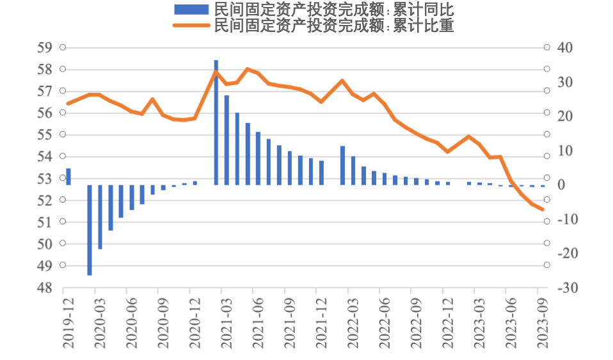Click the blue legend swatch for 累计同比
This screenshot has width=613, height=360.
pos(191,9)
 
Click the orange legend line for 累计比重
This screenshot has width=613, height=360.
pos(191,26)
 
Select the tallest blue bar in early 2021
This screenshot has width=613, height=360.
pos(216,121)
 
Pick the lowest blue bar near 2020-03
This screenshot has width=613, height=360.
pos(90,230)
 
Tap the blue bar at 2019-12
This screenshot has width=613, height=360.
pos(68,176)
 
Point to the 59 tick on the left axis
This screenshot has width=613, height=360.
pos(44,47)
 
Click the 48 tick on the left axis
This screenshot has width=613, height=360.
pos(44,288)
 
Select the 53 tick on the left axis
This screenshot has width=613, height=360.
pos(44,178)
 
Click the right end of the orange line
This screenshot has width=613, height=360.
pos(543,209)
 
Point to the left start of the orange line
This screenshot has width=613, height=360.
pos(68,104)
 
